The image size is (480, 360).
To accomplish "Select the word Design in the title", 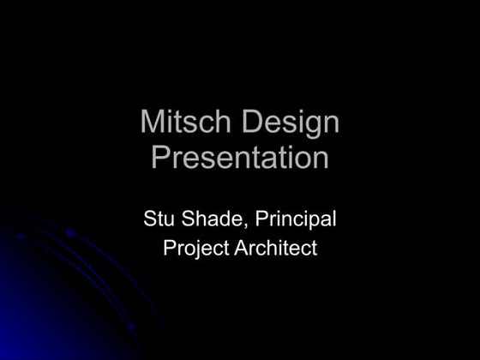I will pyautogui.click(x=291, y=123).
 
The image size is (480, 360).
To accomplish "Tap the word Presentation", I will pyautogui.click(x=240, y=158).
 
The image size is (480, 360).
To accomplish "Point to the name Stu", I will pyautogui.click(x=159, y=220).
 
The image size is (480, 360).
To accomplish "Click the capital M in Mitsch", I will pyautogui.click(x=152, y=122).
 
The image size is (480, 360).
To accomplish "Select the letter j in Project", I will pyautogui.click(x=198, y=250).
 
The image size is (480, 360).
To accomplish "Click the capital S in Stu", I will pyautogui.click(x=149, y=220).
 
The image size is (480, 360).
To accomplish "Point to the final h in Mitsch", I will pyautogui.click(x=222, y=122).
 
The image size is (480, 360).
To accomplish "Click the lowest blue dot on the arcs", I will pyautogui.click(x=131, y=327).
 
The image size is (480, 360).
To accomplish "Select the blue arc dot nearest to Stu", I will pyautogui.click(x=70, y=232).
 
